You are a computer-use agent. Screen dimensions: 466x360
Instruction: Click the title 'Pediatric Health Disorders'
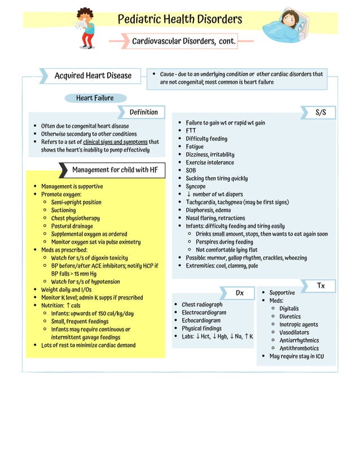pos(179,20)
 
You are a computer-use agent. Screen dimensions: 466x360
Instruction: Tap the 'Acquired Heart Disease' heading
pos(93,76)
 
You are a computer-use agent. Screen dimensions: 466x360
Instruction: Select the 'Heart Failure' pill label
pos(95,98)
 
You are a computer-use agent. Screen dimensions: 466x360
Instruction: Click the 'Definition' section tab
pos(143,112)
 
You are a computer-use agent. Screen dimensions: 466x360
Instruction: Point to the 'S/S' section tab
pos(321,112)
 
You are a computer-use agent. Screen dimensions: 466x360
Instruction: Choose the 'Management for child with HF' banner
pos(115,170)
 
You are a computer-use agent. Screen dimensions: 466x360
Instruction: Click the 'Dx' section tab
pos(240,293)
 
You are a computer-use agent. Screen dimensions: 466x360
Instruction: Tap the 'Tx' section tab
pos(321,286)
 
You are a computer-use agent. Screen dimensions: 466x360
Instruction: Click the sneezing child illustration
pos(86,28)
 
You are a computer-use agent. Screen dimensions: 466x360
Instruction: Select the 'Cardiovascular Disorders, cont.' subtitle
pos(183,41)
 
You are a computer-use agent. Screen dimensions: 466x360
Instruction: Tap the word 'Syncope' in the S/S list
pos(196,186)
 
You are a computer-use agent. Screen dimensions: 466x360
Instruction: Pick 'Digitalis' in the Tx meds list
pos(289,309)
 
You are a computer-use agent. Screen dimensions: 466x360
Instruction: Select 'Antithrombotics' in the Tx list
pos(299,348)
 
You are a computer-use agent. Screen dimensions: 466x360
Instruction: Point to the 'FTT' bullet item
pos(191,131)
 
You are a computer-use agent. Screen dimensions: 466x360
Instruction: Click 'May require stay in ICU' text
pos(296,356)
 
